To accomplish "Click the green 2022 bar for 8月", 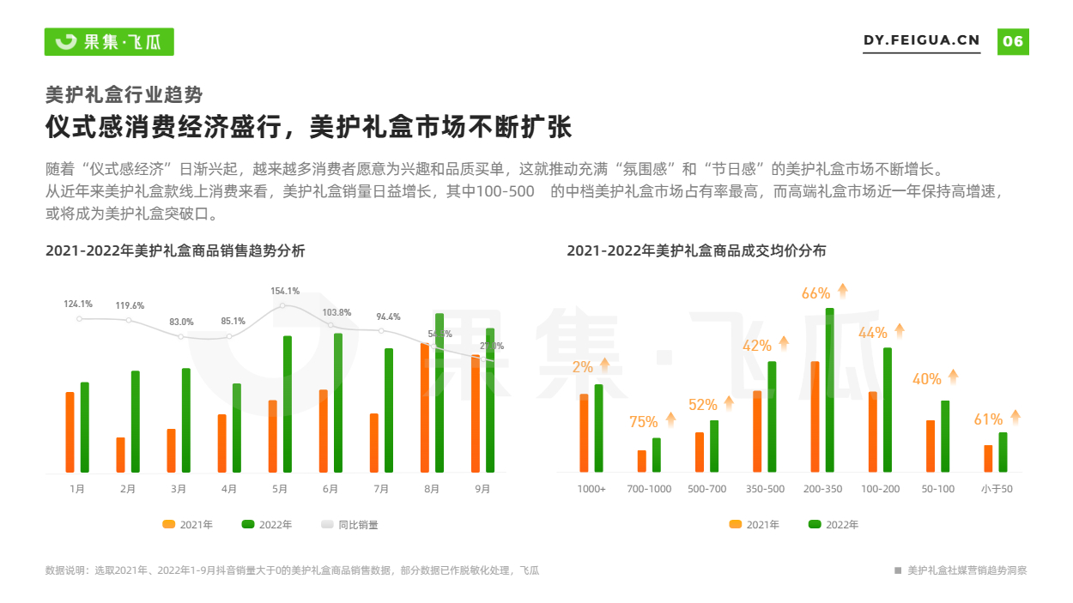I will coord(440,393).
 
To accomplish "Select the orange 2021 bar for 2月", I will coord(120,455).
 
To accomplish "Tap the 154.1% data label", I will coord(285,291).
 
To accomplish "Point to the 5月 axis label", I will coord(280,489).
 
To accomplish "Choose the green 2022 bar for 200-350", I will coord(830,390).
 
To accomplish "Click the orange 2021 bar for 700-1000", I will coord(642,461).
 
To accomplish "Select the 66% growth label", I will coord(815,293).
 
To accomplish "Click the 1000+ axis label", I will coord(591,489).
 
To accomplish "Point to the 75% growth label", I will coord(644,422).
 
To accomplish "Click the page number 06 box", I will coord(1013,41).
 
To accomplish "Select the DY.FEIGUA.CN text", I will coord(921,40).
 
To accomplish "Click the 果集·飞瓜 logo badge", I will coord(109,41).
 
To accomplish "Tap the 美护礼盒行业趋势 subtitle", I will coord(124,94).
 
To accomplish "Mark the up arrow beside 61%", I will coord(1015,418).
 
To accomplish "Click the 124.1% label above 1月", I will coord(78,304).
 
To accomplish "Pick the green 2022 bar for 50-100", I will coord(945,436).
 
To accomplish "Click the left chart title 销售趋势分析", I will coord(175,251).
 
